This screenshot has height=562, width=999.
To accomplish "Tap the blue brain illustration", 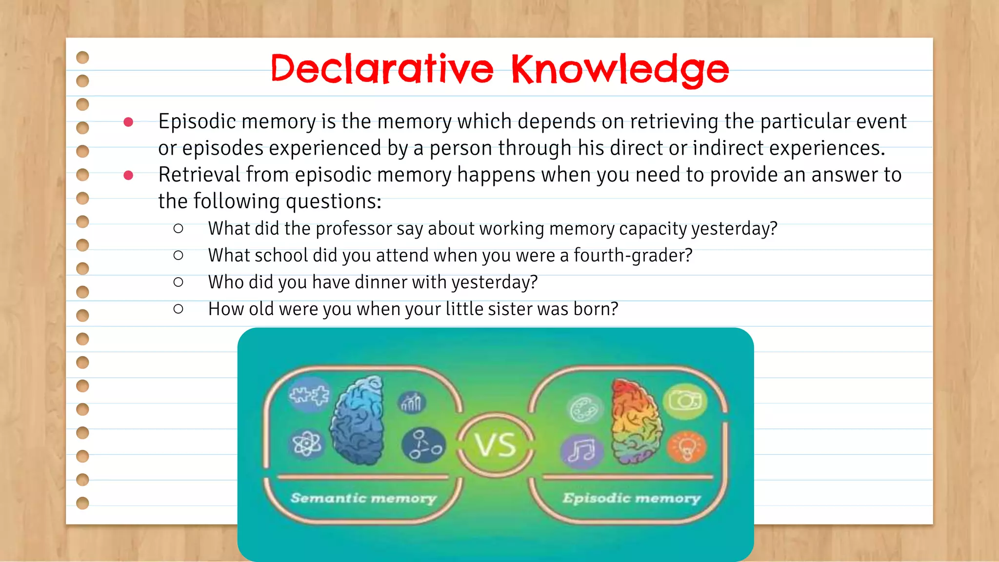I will [x=358, y=420].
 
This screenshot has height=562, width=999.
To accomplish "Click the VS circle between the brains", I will [x=496, y=444].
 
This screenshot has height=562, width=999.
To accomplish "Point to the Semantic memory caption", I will [x=363, y=498].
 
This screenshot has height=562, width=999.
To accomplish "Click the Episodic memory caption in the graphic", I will [x=631, y=498].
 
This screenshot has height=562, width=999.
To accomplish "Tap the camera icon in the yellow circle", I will [x=685, y=401].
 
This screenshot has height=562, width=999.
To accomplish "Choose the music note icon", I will [x=581, y=450].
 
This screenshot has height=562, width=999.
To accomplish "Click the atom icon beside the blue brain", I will [x=306, y=444].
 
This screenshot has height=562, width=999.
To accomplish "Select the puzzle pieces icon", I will [x=309, y=395].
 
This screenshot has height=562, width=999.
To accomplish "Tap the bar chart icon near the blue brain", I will [x=411, y=402].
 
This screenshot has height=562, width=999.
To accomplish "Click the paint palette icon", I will [x=584, y=409].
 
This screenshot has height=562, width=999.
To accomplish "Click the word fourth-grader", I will [x=633, y=256].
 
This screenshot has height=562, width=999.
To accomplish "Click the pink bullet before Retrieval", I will [x=128, y=175].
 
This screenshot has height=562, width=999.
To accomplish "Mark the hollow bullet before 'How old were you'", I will [x=179, y=309].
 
